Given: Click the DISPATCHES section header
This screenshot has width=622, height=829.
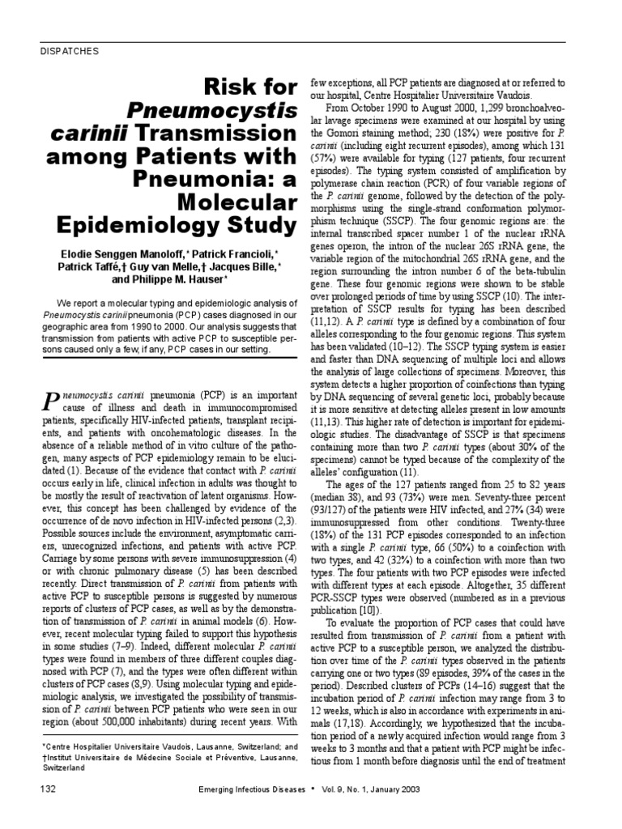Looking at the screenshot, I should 69,51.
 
